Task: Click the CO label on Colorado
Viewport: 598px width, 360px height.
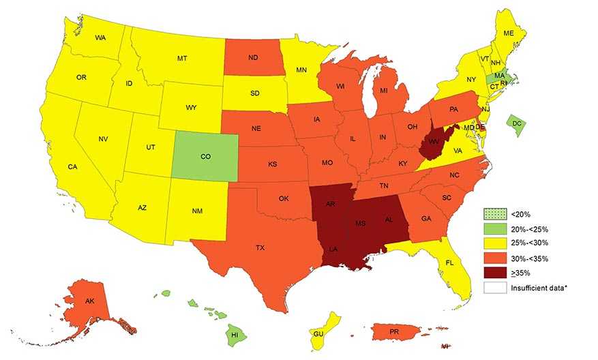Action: pyautogui.click(x=205, y=156)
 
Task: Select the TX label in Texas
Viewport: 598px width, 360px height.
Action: pyautogui.click(x=260, y=247)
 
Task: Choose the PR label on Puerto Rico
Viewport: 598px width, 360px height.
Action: pyautogui.click(x=394, y=332)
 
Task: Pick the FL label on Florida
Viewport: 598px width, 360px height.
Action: pyautogui.click(x=449, y=262)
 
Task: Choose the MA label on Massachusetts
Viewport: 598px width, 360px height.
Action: pyautogui.click(x=500, y=76)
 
